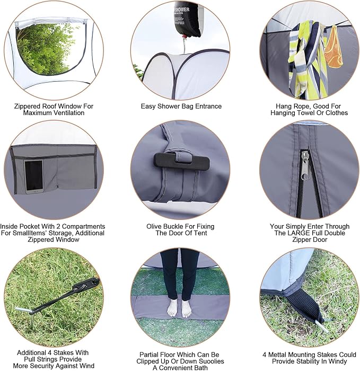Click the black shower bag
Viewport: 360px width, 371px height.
[187, 19]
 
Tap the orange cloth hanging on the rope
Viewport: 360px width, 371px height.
[333, 47]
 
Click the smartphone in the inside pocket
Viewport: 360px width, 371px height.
[34, 176]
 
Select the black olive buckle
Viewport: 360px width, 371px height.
[181, 161]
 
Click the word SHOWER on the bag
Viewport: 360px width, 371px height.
[182, 10]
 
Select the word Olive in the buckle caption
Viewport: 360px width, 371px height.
[154, 226]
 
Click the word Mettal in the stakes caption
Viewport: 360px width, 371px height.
[277, 355]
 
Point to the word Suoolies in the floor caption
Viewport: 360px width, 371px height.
[211, 361]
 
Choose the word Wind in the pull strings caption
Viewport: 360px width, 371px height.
[87, 366]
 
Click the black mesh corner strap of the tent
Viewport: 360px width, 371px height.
[304, 306]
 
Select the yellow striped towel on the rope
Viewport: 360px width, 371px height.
[308, 59]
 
